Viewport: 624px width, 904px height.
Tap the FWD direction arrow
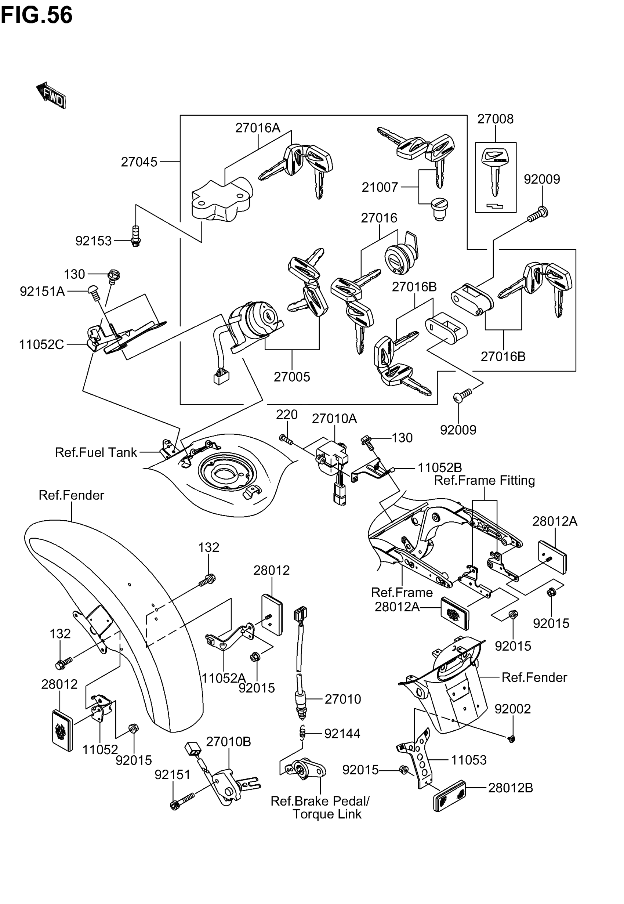click(x=51, y=95)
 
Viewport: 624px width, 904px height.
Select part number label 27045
click(x=139, y=162)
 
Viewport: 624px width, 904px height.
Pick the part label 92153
click(x=94, y=241)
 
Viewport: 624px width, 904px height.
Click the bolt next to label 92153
click(x=136, y=236)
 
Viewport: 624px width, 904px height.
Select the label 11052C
click(x=41, y=344)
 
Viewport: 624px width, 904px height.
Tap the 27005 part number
click(x=292, y=377)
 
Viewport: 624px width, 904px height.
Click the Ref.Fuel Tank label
click(x=96, y=452)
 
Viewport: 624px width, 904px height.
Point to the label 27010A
click(x=334, y=419)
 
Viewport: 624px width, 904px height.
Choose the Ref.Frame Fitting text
click(x=485, y=480)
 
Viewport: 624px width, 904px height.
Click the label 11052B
click(x=440, y=468)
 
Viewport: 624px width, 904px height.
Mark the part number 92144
click(x=342, y=734)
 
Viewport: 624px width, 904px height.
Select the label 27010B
click(x=228, y=742)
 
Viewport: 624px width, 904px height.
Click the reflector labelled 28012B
click(x=450, y=796)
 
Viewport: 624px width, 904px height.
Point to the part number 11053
click(x=469, y=760)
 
